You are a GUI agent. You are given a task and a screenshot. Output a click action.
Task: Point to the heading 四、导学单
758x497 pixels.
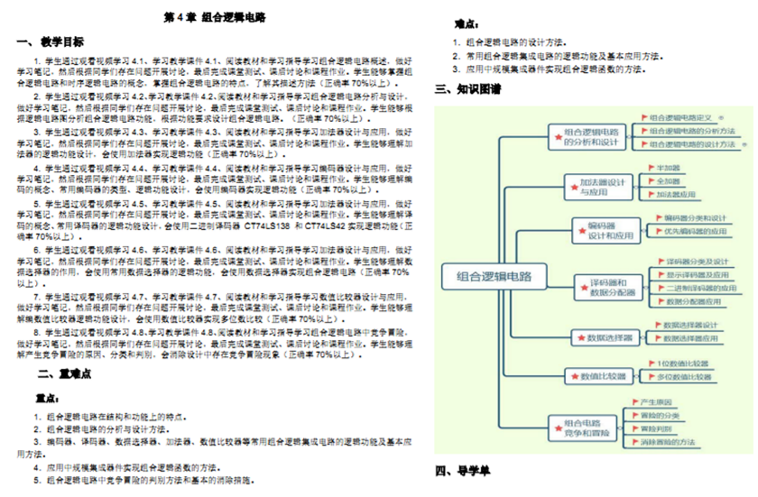tap(463, 471)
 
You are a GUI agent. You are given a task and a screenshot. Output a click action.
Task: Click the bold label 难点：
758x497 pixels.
tap(465, 25)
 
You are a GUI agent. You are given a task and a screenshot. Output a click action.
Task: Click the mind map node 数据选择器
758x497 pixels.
tap(610, 338)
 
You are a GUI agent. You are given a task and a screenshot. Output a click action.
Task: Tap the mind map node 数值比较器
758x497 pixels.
tap(604, 375)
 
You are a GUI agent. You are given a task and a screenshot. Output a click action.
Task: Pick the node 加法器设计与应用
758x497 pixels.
tap(603, 188)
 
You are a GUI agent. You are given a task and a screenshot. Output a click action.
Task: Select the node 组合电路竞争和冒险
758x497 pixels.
tap(587, 429)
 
